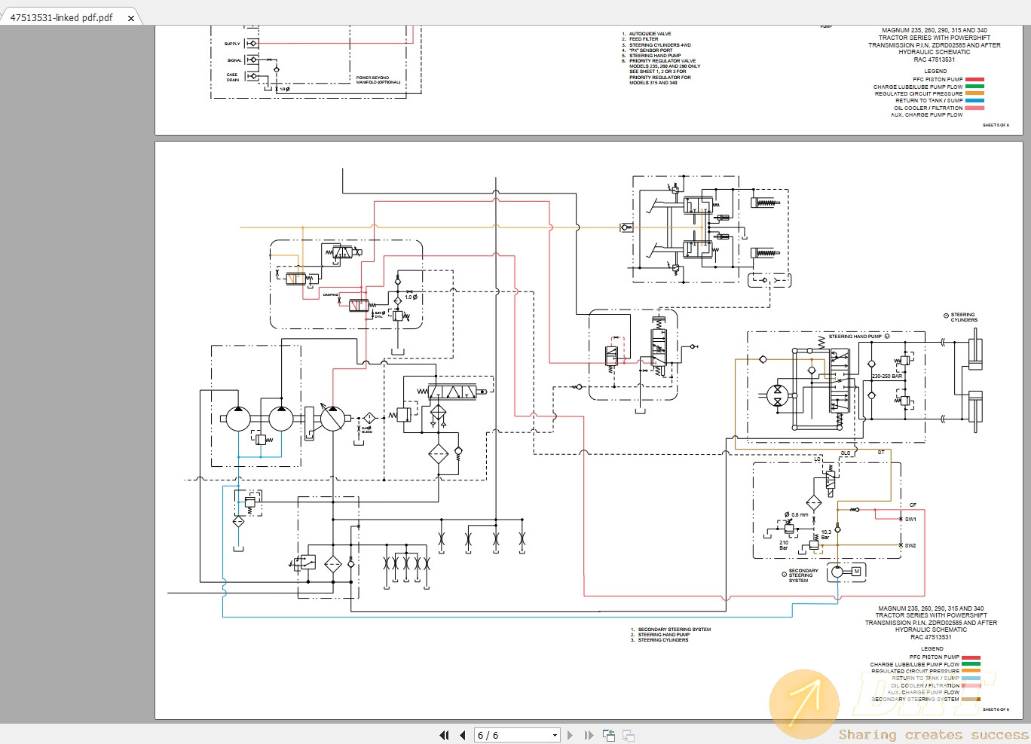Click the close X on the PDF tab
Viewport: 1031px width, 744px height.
click(131, 18)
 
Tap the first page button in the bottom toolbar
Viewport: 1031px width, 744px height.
click(444, 735)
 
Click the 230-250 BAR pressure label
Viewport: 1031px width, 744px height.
click(886, 376)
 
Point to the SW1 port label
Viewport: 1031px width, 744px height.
click(910, 519)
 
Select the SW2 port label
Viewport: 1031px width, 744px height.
click(910, 545)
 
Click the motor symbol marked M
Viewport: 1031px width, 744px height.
click(856, 572)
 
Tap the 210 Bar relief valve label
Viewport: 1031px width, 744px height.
click(784, 544)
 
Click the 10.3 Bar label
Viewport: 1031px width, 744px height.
click(826, 535)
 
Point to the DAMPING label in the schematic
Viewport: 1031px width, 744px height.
click(331, 294)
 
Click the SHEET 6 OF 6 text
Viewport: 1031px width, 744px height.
click(996, 709)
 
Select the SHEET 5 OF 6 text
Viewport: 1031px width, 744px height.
click(996, 125)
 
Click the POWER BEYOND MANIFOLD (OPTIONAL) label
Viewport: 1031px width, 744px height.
click(378, 80)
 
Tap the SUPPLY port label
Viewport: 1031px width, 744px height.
click(232, 44)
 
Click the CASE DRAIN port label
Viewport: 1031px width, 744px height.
click(232, 77)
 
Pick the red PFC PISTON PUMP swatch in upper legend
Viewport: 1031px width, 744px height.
click(974, 79)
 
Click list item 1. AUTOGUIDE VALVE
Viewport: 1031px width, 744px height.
click(649, 34)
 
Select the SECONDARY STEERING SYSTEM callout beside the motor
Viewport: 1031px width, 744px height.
click(803, 575)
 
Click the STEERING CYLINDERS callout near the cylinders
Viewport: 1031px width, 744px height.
click(963, 317)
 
